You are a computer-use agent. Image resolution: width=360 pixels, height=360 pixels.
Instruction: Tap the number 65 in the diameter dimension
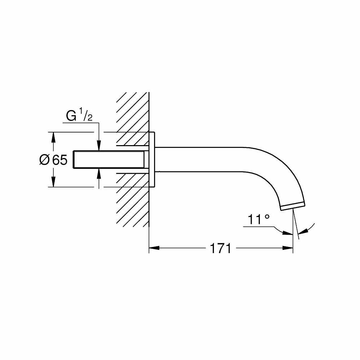pos(60,159)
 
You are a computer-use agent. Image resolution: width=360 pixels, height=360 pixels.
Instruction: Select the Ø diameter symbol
pos(44,159)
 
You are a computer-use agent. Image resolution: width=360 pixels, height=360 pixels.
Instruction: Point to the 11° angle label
pos(258,220)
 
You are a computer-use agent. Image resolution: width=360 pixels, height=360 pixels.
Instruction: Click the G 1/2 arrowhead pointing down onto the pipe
pos(99,145)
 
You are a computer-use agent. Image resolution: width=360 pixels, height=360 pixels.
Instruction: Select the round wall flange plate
pos(153,159)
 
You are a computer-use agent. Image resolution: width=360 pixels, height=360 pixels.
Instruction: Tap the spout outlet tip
pos(293,206)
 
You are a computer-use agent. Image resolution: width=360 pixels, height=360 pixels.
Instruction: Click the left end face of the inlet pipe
pos(73,159)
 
